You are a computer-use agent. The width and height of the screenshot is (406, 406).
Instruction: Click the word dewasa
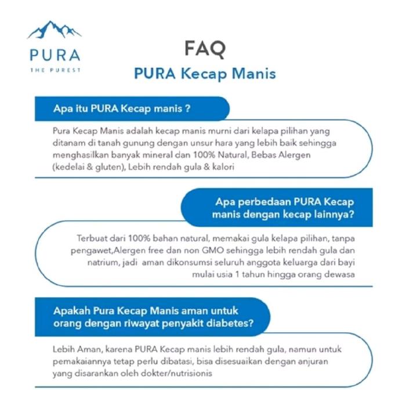pos(338,275)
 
